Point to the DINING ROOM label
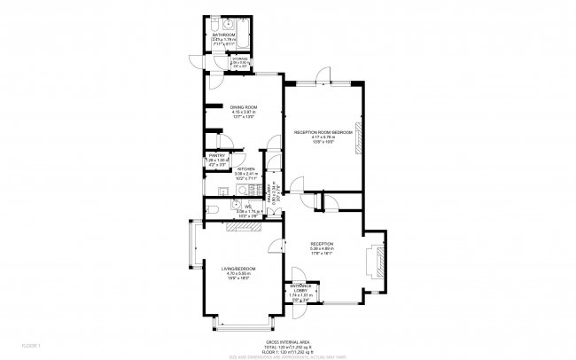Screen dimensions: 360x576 pos(243,106)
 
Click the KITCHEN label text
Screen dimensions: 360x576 pos(245,168)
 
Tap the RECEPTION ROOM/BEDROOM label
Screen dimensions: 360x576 pos(323,132)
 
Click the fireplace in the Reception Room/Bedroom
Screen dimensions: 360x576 pos(359,133)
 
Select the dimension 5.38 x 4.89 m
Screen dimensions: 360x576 pos(322,248)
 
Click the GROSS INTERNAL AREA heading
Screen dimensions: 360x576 pos(288,340)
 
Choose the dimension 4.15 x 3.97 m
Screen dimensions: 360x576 pos(243,112)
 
